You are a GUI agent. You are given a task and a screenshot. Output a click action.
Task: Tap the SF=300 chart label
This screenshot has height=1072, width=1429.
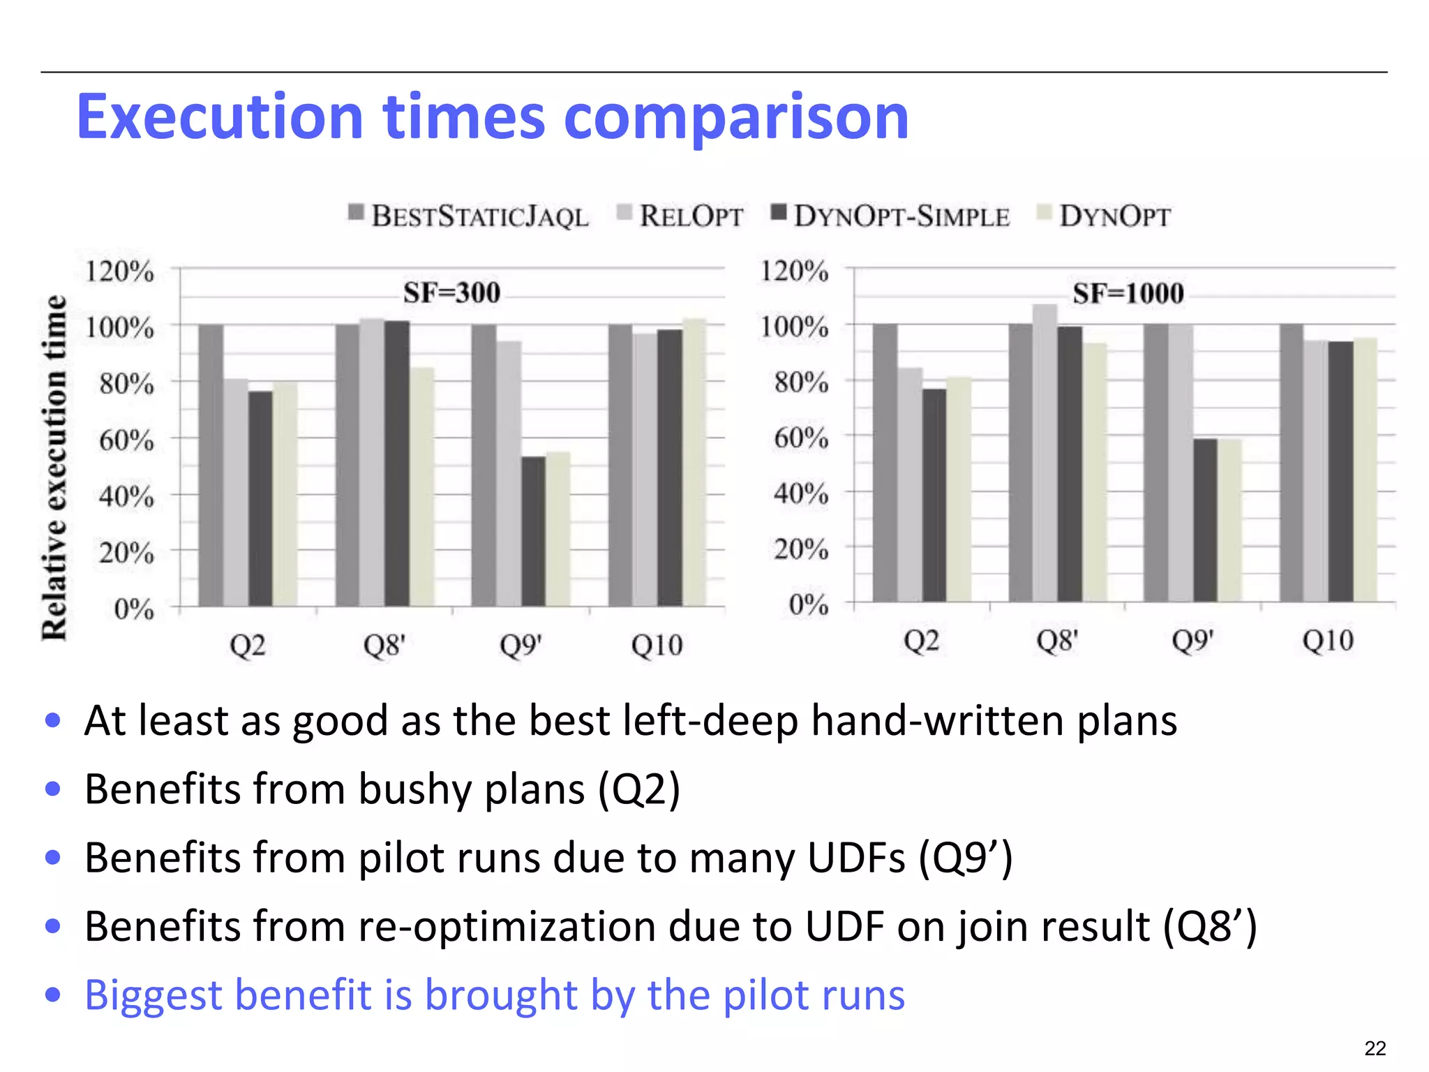tap(452, 292)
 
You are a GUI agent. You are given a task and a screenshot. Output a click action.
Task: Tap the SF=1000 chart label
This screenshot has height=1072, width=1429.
tap(1128, 293)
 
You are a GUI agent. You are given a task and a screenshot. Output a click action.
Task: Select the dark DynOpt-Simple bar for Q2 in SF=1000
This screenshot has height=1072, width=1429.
tap(934, 495)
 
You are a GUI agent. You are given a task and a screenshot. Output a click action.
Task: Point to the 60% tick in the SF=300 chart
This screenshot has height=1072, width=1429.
tap(126, 440)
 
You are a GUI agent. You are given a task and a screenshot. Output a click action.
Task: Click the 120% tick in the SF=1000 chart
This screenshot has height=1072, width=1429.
tap(795, 270)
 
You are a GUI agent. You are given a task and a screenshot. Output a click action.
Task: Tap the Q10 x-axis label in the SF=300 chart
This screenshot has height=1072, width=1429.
tap(657, 646)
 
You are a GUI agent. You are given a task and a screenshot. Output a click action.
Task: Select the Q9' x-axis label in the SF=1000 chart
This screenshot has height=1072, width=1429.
tap(1192, 641)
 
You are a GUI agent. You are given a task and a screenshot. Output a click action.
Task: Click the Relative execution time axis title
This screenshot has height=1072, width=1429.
tap(55, 468)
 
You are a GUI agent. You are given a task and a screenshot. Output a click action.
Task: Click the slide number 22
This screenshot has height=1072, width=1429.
tap(1375, 1048)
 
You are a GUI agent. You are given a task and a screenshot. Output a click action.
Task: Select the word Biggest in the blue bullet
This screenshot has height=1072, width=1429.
tap(154, 995)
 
